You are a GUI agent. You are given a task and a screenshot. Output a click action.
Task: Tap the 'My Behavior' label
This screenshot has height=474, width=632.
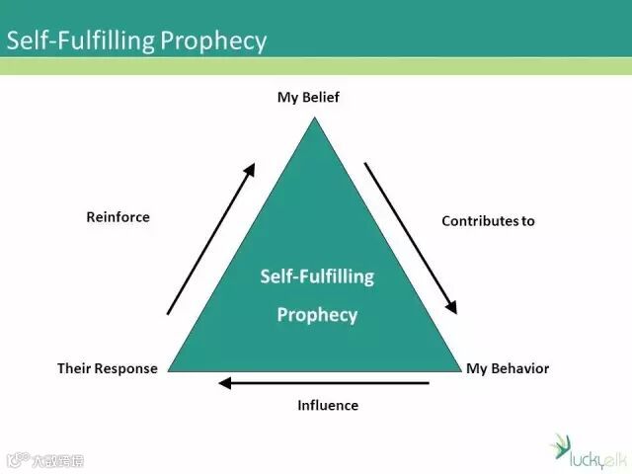pyautogui.click(x=507, y=368)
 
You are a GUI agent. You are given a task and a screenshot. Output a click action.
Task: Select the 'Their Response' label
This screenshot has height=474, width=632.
pyautogui.click(x=107, y=368)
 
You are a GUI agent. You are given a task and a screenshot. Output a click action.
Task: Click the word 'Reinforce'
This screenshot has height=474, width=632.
pyautogui.click(x=118, y=216)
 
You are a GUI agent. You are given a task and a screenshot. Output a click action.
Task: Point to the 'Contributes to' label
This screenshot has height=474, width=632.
pyautogui.click(x=488, y=221)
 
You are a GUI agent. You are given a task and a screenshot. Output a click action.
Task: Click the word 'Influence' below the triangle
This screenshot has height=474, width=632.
pyautogui.click(x=328, y=405)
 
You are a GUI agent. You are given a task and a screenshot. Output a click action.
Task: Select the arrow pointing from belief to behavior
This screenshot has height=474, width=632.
pyautogui.click(x=411, y=237)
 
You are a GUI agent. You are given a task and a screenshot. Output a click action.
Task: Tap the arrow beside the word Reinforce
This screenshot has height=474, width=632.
pyautogui.click(x=210, y=239)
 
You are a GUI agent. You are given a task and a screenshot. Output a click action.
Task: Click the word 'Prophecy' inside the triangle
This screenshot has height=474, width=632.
pyautogui.click(x=317, y=316)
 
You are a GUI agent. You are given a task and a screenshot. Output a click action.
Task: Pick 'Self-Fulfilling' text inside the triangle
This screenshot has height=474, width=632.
pyautogui.click(x=317, y=276)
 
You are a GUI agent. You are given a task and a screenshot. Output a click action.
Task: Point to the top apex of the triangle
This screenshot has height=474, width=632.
pyautogui.click(x=315, y=118)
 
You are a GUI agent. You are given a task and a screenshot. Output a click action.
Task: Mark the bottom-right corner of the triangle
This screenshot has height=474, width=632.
pyautogui.click(x=461, y=372)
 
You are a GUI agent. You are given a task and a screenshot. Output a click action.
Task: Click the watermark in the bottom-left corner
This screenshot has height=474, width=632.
pyautogui.click(x=44, y=459)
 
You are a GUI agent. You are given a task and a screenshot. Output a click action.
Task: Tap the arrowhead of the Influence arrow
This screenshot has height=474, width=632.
pyautogui.click(x=225, y=382)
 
